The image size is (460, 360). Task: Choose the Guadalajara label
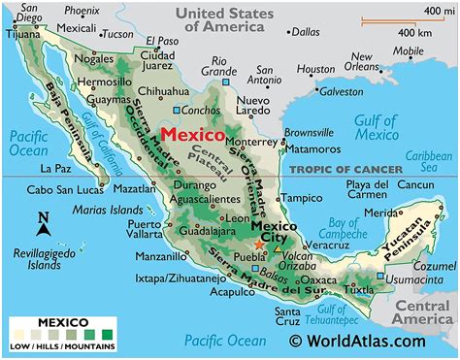pyautogui.click(x=203, y=233)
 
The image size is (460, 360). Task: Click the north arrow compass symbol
pyautogui.click(x=43, y=224)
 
